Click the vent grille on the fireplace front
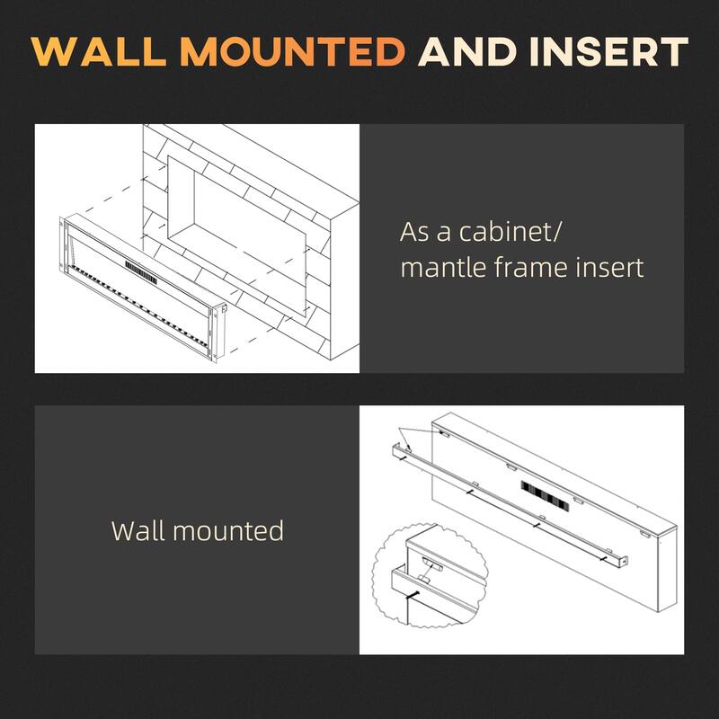point(140,267)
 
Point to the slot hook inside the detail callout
point(432,564)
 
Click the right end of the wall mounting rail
point(620,561)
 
